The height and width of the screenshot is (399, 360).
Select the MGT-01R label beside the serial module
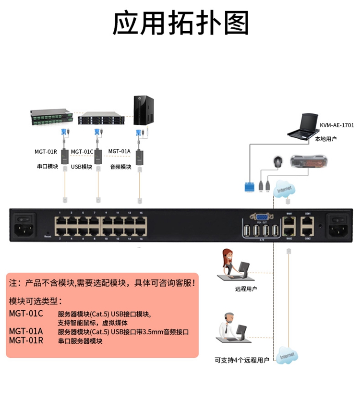click(x=46, y=152)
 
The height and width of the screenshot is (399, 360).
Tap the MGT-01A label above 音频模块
click(x=120, y=151)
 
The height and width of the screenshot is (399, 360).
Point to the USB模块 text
click(x=81, y=167)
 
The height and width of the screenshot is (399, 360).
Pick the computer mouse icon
click(x=277, y=162)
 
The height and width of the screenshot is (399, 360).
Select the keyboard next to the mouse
click(x=310, y=161)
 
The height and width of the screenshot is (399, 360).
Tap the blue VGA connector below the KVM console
click(x=248, y=186)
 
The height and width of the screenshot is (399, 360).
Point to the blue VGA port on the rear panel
click(x=262, y=218)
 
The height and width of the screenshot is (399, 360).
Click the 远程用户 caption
click(x=245, y=289)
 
